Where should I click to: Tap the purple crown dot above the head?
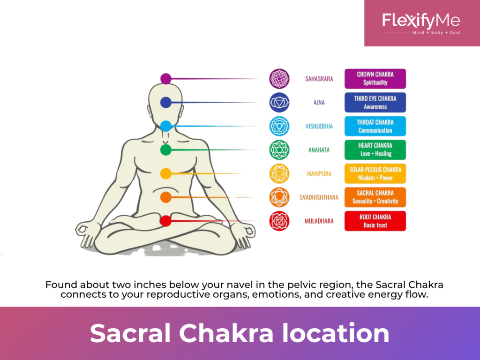point(165,79)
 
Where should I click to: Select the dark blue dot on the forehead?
point(165,102)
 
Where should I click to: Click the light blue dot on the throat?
point(165,126)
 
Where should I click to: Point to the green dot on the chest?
point(165,150)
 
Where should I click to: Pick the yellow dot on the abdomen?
point(165,173)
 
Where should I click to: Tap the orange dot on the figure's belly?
point(165,197)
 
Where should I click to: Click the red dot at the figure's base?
point(165,221)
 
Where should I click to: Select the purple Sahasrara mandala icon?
point(279,79)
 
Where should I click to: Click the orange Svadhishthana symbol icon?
point(279,197)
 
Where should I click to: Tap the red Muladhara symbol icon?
point(279,221)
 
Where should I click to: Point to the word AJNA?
point(319,102)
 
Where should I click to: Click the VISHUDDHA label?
point(319,126)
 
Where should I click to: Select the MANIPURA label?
point(319,173)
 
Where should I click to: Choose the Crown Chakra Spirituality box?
point(375,79)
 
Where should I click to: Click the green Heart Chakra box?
point(375,150)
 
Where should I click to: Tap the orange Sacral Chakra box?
point(375,197)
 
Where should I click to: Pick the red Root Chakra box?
point(375,221)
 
